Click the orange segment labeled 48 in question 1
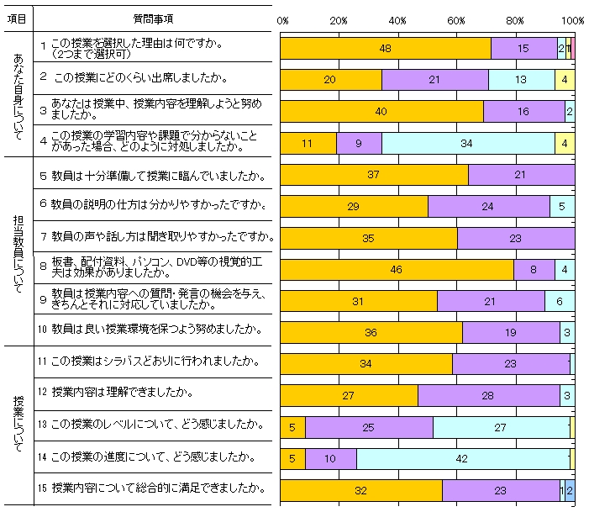click(385, 49)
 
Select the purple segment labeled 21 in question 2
click(434, 80)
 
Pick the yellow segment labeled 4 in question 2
click(565, 80)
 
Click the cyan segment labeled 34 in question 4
click(467, 143)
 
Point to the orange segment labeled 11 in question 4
click(308, 143)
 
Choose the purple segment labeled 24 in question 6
click(489, 206)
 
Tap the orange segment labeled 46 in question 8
click(397, 269)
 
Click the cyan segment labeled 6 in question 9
click(571, 301)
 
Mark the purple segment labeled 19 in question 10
click(511, 332)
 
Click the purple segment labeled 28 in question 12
click(489, 395)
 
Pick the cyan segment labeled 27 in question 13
click(501, 427)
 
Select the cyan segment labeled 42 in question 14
click(463, 458)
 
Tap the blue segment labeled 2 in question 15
click(570, 490)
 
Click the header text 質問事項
click(154, 18)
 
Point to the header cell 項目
click(16, 18)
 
